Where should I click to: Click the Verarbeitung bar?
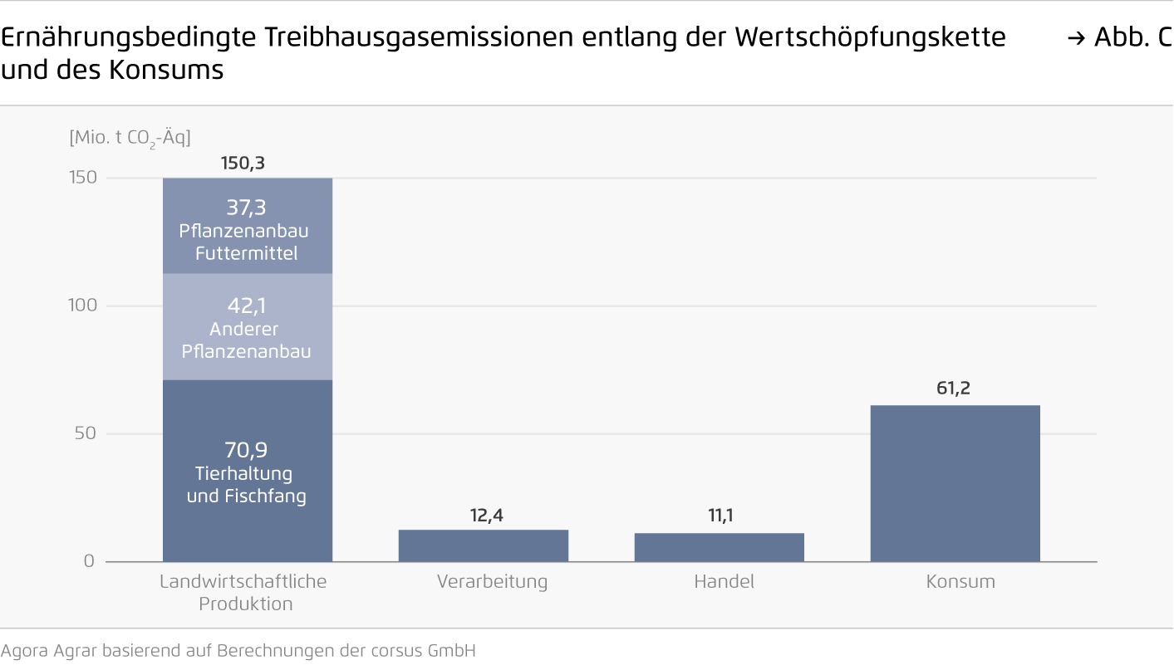(484, 545)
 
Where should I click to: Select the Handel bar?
(720, 547)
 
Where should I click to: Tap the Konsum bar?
(955, 483)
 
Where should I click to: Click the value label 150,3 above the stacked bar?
(243, 164)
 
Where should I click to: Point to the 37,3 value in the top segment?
(247, 208)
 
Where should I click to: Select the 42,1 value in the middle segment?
(247, 307)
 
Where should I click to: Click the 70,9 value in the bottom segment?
(246, 451)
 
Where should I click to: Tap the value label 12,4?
(487, 516)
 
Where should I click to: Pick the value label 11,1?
(720, 516)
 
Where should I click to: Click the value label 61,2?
(953, 388)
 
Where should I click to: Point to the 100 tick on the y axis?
(82, 306)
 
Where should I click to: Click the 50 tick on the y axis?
(87, 433)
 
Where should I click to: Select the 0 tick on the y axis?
(89, 561)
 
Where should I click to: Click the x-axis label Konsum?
(960, 582)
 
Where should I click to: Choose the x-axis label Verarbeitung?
(492, 582)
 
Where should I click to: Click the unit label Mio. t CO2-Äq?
(130, 137)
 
